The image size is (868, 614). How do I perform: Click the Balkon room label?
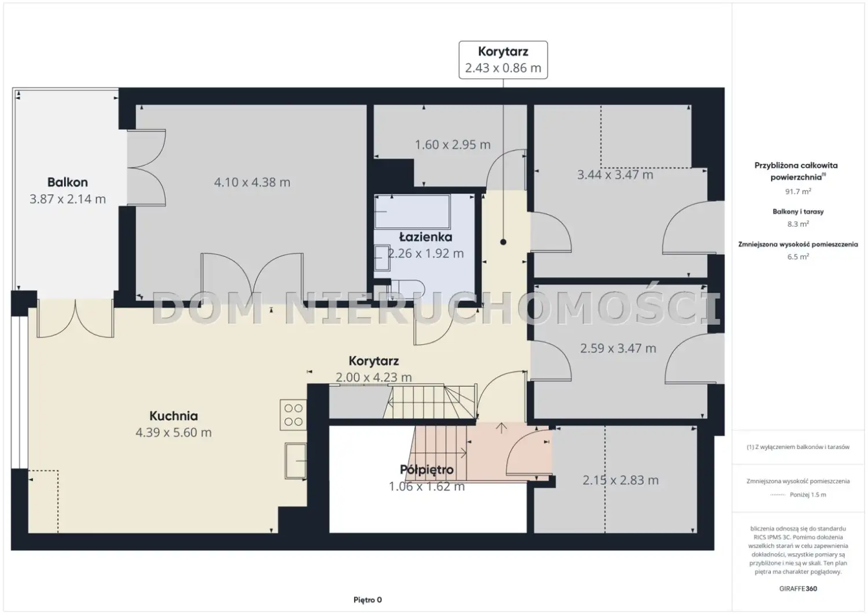[68, 182]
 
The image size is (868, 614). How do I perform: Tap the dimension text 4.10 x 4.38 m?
[252, 182]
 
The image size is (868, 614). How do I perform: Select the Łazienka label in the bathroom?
[425, 237]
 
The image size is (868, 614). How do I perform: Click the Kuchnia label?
[174, 416]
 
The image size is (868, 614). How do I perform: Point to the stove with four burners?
[293, 415]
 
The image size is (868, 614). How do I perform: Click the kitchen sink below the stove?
[296, 461]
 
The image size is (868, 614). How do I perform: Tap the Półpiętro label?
[426, 470]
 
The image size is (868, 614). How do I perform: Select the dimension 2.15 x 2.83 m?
[620, 480]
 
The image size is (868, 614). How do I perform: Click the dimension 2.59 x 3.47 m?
[618, 348]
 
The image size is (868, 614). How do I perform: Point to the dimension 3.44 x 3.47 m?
[615, 175]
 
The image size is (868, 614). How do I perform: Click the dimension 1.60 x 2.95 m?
[453, 145]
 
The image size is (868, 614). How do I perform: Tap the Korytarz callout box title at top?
[503, 52]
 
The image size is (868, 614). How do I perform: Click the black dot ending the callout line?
[503, 242]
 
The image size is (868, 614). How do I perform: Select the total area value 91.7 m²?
[798, 191]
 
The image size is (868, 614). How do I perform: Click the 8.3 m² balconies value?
[798, 223]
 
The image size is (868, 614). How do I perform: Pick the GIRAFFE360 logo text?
[798, 589]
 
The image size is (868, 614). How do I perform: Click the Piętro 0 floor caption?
[367, 600]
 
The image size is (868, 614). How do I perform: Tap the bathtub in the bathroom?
[412, 212]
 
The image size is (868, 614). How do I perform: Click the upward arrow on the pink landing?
[502, 428]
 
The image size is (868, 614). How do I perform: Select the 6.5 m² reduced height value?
[798, 256]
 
